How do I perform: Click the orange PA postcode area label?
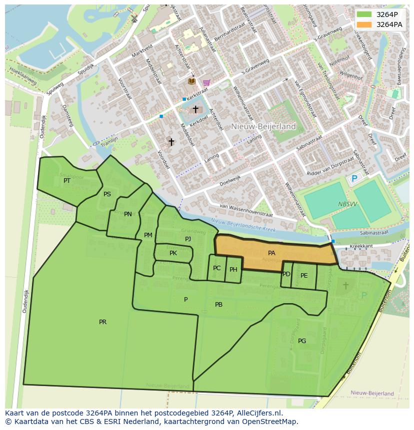click(x=271, y=253)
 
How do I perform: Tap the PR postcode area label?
click(x=102, y=322)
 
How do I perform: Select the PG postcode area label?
click(x=302, y=341)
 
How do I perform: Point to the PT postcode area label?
click(x=67, y=181)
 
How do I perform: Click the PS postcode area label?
click(x=107, y=194)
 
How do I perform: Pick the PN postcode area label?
click(x=128, y=214)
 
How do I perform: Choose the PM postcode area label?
click(x=148, y=235)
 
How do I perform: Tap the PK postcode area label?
click(x=173, y=253)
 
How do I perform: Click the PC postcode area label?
click(x=216, y=268)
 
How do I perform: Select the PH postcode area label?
click(x=233, y=270)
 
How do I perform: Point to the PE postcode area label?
click(x=304, y=276)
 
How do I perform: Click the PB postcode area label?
click(x=218, y=305)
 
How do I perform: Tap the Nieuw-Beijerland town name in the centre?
click(x=263, y=126)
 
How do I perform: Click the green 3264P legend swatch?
click(x=364, y=14)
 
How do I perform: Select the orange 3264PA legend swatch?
click(x=364, y=24)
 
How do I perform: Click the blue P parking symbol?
click(x=354, y=179)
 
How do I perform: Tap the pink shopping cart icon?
click(x=206, y=82)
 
